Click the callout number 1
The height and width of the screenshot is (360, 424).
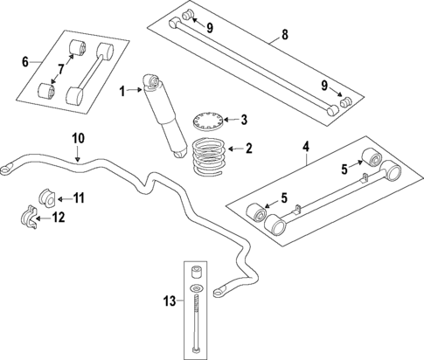coord(124,88)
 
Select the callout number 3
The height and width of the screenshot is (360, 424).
coord(244,119)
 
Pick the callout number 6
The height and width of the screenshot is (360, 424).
coord(24,61)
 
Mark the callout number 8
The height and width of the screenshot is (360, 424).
coord(284,36)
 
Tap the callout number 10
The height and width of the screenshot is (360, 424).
coord(77,137)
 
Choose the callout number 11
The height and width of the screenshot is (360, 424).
coord(78,198)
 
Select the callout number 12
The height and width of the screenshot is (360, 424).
coord(59,217)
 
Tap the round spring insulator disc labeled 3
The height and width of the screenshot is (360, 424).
coord(208,118)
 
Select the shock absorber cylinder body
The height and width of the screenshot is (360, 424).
coord(163,114)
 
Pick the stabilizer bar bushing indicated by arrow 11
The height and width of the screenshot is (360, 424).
coord(46,195)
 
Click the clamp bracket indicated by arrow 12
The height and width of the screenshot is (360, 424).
coord(29,217)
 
